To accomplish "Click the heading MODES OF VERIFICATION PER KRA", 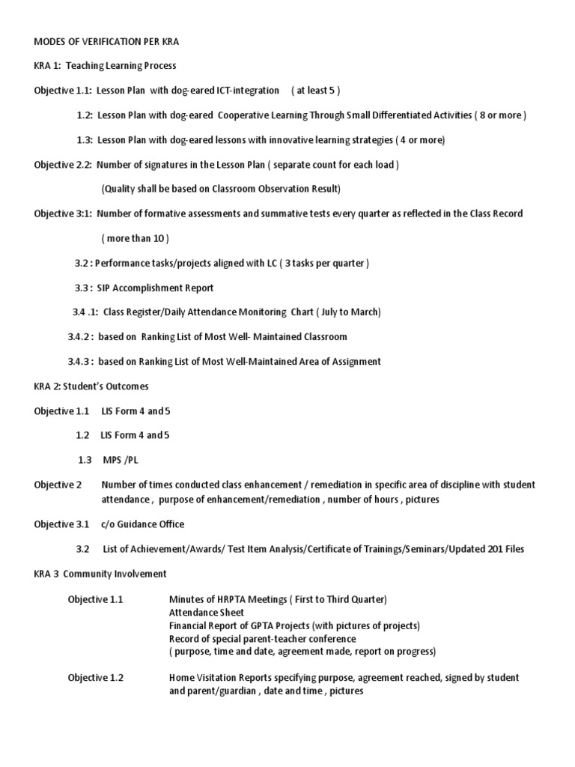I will [106, 41].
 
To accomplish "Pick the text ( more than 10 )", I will [135, 238].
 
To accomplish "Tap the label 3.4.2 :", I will [81, 336].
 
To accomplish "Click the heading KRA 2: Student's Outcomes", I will [91, 386].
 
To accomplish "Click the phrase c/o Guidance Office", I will [142, 524].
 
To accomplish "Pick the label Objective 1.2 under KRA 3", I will [96, 678].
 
